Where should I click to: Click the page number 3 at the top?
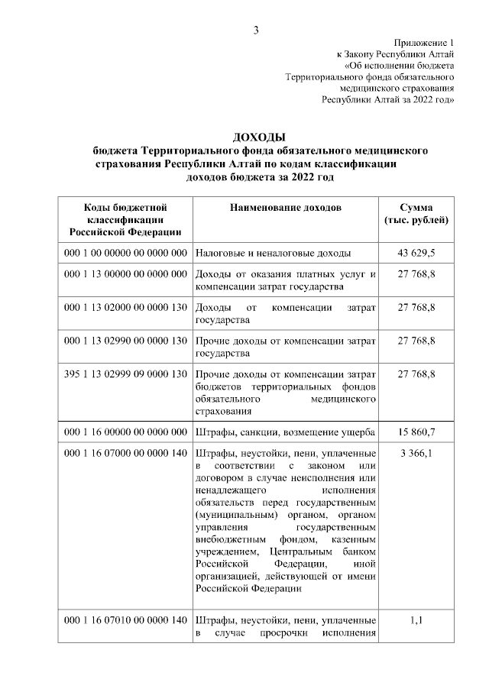pyautogui.click(x=257, y=30)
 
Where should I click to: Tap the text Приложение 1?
pyautogui.click(x=424, y=43)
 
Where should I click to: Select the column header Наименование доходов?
pyautogui.click(x=285, y=207)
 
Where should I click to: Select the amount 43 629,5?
pyautogui.click(x=416, y=252)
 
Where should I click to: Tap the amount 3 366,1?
pyautogui.click(x=416, y=453)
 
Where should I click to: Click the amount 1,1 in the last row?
pyautogui.click(x=416, y=620)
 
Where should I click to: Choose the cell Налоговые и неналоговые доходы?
pyautogui.click(x=273, y=252)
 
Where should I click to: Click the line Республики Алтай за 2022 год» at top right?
pyautogui.click(x=389, y=99)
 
